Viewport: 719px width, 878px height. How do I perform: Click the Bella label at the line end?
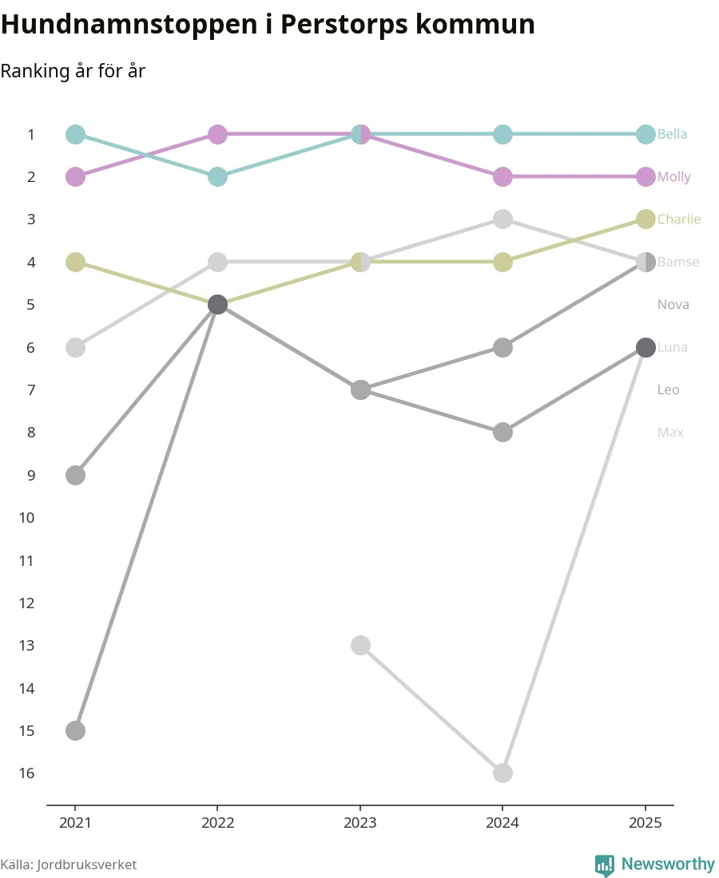tap(672, 134)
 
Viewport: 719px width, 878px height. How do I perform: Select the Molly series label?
tap(673, 176)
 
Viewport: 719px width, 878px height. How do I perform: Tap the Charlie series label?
tap(678, 219)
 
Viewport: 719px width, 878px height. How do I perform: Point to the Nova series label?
tap(673, 304)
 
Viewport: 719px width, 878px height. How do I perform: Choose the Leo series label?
tap(668, 390)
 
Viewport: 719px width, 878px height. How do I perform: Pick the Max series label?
tap(669, 433)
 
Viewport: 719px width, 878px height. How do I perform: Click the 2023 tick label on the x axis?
tap(360, 822)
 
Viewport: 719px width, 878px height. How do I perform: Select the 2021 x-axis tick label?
tap(75, 822)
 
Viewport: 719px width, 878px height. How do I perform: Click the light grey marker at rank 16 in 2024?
tap(503, 773)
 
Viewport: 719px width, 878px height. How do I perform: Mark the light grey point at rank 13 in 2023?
tap(360, 645)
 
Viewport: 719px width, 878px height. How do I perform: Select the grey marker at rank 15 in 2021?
tap(75, 730)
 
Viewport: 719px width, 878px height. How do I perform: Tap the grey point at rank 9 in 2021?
tap(75, 475)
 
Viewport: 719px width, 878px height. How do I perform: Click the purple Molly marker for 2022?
tap(217, 134)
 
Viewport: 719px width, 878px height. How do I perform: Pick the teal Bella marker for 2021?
tap(75, 134)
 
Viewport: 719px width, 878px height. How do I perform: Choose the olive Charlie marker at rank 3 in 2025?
tap(646, 219)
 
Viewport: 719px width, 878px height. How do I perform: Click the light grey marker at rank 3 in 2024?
tap(503, 219)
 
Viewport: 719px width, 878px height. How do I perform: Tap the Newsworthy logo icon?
tap(605, 864)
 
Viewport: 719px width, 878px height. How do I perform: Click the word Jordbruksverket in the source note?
tap(87, 864)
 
